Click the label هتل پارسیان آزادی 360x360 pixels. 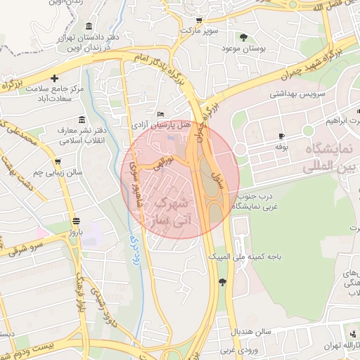point(172,124)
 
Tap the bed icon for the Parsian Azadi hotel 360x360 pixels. point(161,114)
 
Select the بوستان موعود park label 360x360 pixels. point(242,48)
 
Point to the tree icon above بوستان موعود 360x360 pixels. point(243,37)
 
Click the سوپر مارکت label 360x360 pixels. point(199,32)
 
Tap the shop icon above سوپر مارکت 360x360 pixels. point(199,20)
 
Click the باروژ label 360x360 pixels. point(75,231)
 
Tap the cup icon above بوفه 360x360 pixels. point(281,136)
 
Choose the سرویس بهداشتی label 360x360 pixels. point(278,93)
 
